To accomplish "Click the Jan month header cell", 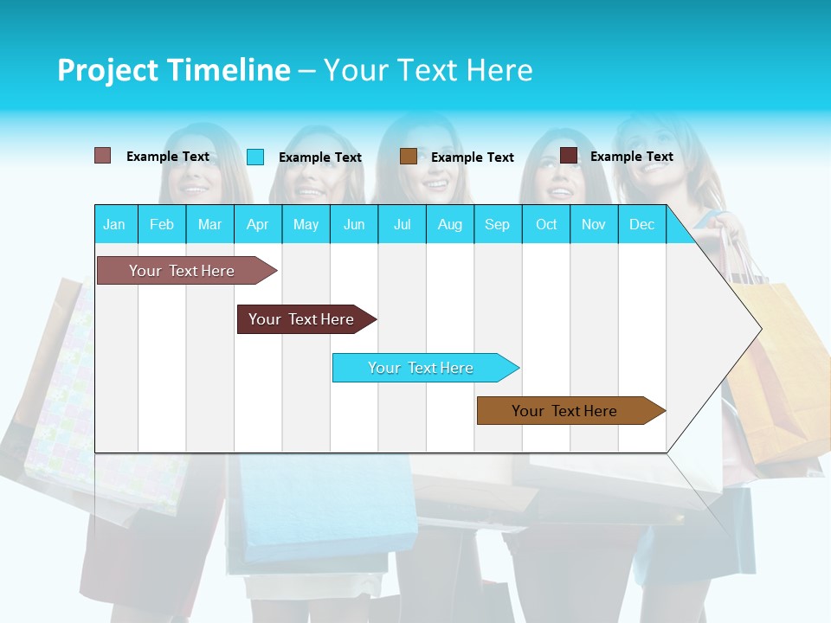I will pyautogui.click(x=114, y=225).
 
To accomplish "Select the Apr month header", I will pyautogui.click(x=257, y=225).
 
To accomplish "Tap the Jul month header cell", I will pyautogui.click(x=402, y=225).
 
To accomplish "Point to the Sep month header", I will pyautogui.click(x=497, y=225).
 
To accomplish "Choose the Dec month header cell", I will pyautogui.click(x=641, y=225).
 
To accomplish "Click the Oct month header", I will pyautogui.click(x=546, y=225).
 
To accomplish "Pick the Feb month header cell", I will pyautogui.click(x=162, y=225).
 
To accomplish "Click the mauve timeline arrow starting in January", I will pyautogui.click(x=182, y=271).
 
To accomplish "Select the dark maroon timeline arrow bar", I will pyautogui.click(x=301, y=319).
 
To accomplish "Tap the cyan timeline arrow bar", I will pyautogui.click(x=421, y=368).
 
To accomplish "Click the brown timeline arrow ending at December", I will pyautogui.click(x=564, y=411).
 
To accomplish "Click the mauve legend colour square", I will pyautogui.click(x=102, y=156).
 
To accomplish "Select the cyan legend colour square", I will pyautogui.click(x=255, y=157).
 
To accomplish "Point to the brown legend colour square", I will pyautogui.click(x=409, y=157).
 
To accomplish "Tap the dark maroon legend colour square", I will pyautogui.click(x=569, y=156).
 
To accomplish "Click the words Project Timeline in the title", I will pyautogui.click(x=173, y=70).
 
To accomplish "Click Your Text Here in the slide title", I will pyautogui.click(x=428, y=70).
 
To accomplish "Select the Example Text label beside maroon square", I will pyautogui.click(x=631, y=157).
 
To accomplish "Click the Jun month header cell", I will pyautogui.click(x=354, y=225).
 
